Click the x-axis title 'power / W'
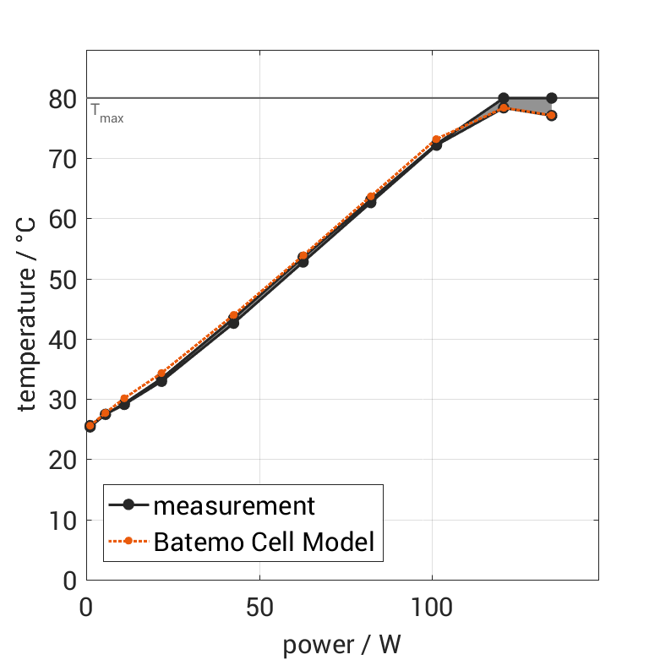[341, 644]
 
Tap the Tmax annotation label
[106, 113]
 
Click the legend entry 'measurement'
[234, 505]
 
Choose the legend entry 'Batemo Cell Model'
[264, 541]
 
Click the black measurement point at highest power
[551, 98]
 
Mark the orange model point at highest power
[551, 115]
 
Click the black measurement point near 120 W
[504, 98]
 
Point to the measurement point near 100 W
[436, 145]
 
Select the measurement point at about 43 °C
[233, 323]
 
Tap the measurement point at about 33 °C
[161, 381]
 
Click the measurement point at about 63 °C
[370, 202]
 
